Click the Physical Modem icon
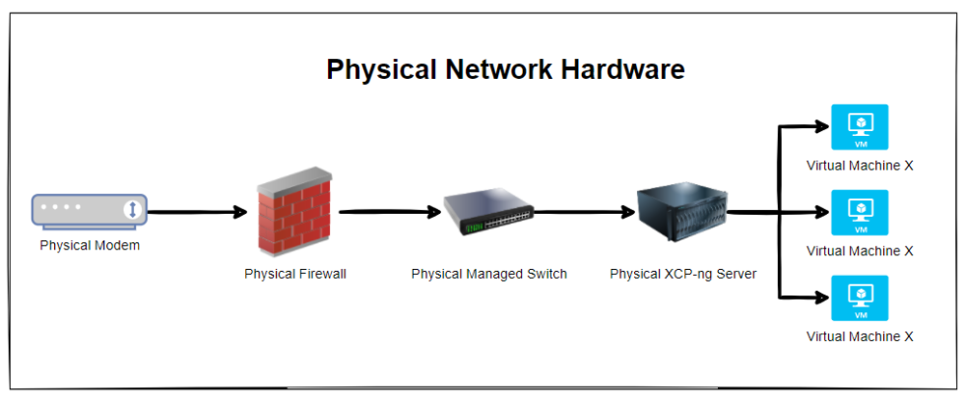pyautogui.click(x=89, y=210)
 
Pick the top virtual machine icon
pyautogui.click(x=860, y=127)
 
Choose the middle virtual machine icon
pyautogui.click(x=860, y=213)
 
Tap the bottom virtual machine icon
pyautogui.click(x=860, y=298)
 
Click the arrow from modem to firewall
pyautogui.click(x=195, y=211)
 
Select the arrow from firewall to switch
pyautogui.click(x=388, y=211)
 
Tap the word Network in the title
pyautogui.click(x=497, y=70)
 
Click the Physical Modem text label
pyautogui.click(x=90, y=245)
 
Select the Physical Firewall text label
pyautogui.click(x=295, y=274)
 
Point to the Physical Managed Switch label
pyautogui.click(x=489, y=274)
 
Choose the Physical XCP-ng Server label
pyautogui.click(x=683, y=274)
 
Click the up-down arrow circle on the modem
pyautogui.click(x=132, y=210)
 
